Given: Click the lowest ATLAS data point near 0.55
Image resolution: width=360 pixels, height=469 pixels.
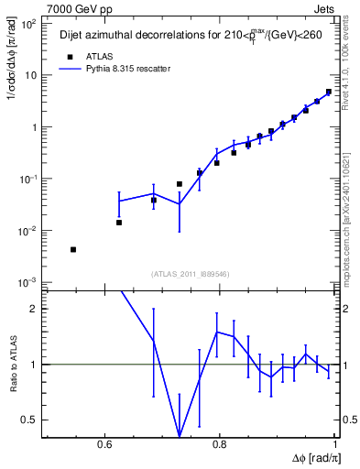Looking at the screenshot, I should pos(73,249).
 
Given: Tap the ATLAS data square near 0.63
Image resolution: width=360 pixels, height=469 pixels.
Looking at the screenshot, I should pos(119,223).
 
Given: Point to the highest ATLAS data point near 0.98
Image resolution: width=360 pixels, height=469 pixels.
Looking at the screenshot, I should pos(328,92).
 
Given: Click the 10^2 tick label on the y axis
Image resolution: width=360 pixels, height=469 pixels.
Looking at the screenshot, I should pos(29,24).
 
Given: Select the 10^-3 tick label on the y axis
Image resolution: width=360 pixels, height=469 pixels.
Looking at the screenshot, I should pos(28,282).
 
